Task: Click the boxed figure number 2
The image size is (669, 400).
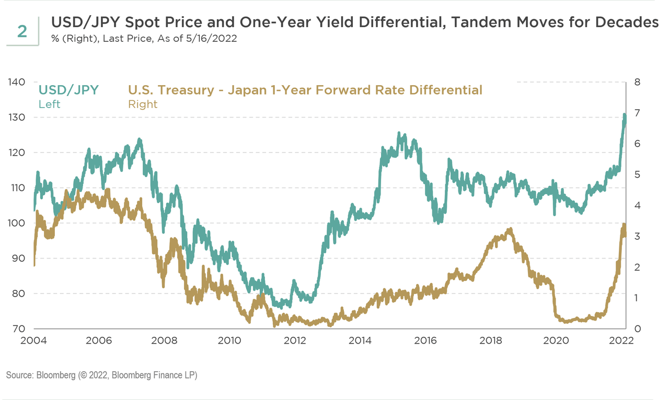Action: [22, 31]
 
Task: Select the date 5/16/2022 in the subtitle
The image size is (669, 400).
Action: [215, 39]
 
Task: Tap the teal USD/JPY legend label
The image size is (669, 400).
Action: [68, 90]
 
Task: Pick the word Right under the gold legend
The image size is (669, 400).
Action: [143, 104]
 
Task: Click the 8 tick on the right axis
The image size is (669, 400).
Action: [637, 82]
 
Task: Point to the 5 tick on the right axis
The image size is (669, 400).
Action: [637, 174]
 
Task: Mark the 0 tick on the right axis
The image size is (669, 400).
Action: [637, 328]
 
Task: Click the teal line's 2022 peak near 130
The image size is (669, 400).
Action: [624, 115]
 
